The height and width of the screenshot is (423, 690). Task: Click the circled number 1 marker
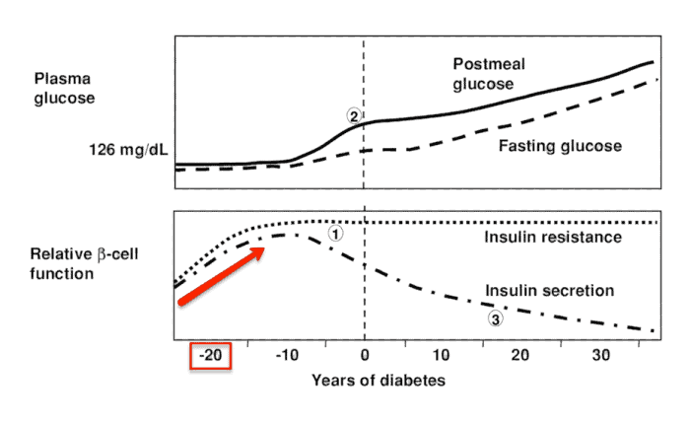[335, 234]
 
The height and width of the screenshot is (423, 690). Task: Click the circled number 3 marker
[496, 318]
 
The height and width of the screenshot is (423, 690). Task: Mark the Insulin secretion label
[550, 291]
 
